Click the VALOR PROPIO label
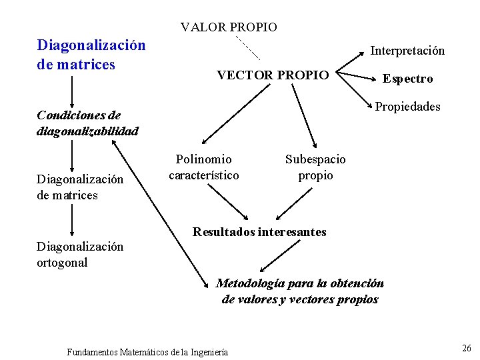coord(229,27)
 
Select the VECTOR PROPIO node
coord(273,75)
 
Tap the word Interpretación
coord(407,51)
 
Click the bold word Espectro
coord(407,79)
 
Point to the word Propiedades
coord(407,107)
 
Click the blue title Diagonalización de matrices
coord(91,55)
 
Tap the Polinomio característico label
coord(203,167)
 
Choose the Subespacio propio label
coord(315,167)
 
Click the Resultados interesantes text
coord(259,232)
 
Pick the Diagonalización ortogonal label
coord(80,254)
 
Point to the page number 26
coord(466,348)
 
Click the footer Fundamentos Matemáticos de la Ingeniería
coord(147,351)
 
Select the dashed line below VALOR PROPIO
coord(247,47)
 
